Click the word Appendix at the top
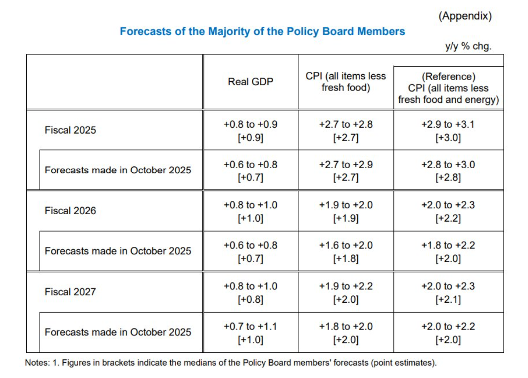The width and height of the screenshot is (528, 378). pyautogui.click(x=465, y=16)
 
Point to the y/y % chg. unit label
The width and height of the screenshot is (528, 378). pyautogui.click(x=468, y=47)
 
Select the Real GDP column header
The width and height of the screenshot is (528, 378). pyautogui.click(x=250, y=82)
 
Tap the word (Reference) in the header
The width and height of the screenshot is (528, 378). pyautogui.click(x=448, y=77)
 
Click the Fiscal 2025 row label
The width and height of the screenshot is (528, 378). pyautogui.click(x=70, y=131)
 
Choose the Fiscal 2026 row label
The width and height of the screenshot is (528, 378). pyautogui.click(x=70, y=211)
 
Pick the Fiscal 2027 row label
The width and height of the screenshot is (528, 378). pyautogui.click(x=70, y=292)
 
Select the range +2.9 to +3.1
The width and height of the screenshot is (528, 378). pyautogui.click(x=448, y=125)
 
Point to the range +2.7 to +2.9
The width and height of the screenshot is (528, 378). pyautogui.click(x=346, y=165)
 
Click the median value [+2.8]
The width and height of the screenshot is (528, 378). pyautogui.click(x=448, y=178)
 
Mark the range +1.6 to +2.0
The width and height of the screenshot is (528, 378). pyautogui.click(x=346, y=245)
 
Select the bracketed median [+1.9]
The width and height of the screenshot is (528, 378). pyautogui.click(x=346, y=218)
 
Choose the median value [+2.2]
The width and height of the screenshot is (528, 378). pyautogui.click(x=448, y=218)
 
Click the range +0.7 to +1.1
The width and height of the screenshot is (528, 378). pyautogui.click(x=250, y=327)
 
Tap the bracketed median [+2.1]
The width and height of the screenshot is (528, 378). pyautogui.click(x=448, y=299)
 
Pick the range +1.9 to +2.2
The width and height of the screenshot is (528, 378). pyautogui.click(x=346, y=286)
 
